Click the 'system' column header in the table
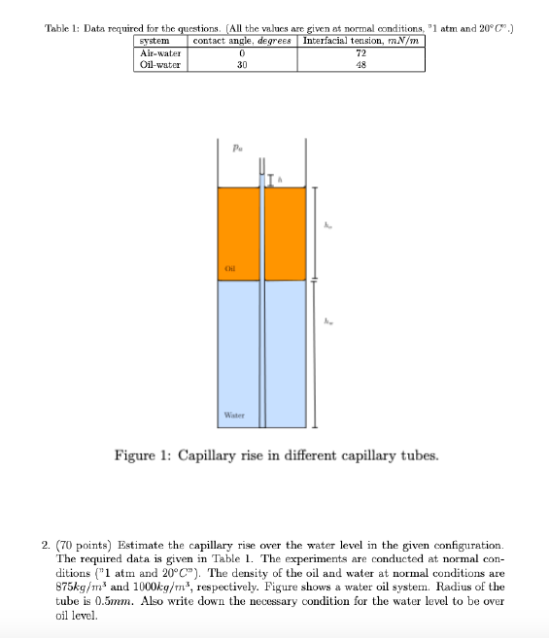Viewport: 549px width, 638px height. [154, 41]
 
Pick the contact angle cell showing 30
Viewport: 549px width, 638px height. [241, 65]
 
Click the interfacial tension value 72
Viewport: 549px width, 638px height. [361, 53]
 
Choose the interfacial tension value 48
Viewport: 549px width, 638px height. [361, 65]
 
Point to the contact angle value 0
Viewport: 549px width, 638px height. [241, 53]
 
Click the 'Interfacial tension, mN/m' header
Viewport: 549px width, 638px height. [361, 41]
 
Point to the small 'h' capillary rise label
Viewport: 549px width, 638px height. [280, 178]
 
